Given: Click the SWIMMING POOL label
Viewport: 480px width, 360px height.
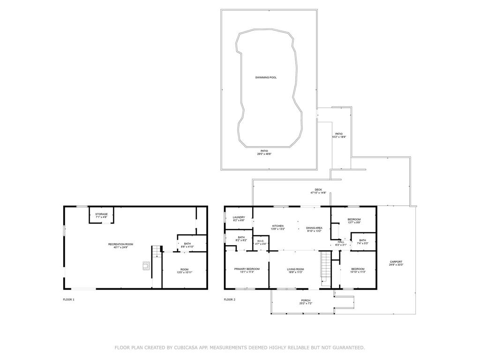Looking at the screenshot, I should point(266,77).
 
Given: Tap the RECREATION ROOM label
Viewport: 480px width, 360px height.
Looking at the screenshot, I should point(121,245).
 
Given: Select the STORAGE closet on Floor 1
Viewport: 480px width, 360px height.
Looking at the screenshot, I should point(101,216).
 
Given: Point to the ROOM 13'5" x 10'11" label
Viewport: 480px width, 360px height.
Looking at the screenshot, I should point(184,270).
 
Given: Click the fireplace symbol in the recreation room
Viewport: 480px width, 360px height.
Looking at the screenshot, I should point(146,266).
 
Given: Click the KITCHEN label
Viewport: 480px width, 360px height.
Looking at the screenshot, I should point(278,227).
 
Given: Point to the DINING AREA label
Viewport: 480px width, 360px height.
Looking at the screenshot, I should point(314,227).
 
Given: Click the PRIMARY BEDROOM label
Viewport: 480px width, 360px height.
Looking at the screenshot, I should point(247,270).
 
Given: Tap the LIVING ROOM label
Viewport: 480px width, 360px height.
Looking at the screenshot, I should point(295,270).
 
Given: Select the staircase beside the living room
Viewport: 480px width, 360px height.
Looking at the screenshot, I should point(325,265).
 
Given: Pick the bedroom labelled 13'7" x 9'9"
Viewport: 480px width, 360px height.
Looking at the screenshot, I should point(354,221).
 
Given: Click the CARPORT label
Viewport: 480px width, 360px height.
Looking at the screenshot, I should point(396,263).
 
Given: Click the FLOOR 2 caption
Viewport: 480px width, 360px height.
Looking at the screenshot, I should point(230,300).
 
